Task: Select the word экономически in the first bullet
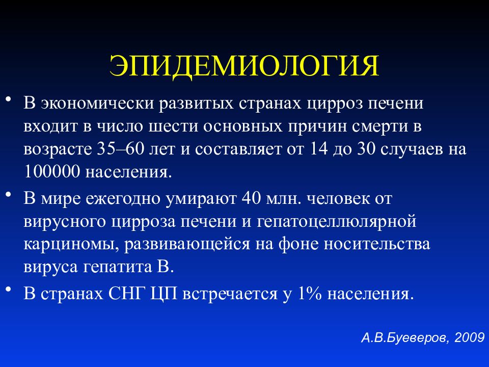click(x=92, y=103)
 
